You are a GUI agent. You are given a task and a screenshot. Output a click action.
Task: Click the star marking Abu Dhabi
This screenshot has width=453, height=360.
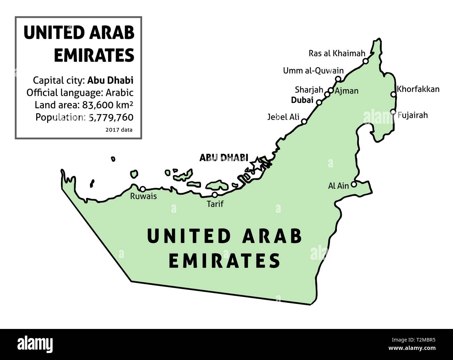click(257, 163)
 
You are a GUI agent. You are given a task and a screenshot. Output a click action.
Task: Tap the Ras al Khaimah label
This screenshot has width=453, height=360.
click(337, 53)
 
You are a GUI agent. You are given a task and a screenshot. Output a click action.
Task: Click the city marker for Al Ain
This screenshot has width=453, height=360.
click(354, 185)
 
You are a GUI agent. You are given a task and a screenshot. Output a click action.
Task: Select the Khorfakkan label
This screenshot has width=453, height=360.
click(418, 89)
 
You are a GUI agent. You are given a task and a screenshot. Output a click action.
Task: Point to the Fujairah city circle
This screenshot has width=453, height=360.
click(393, 112)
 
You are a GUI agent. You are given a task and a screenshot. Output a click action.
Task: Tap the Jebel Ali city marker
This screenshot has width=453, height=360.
click(304, 121)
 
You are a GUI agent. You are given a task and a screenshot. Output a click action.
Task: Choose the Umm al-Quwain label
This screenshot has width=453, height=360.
click(313, 71)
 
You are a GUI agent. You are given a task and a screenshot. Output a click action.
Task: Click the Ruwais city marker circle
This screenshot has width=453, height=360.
click(143, 189)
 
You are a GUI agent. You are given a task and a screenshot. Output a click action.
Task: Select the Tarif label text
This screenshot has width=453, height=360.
click(215, 204)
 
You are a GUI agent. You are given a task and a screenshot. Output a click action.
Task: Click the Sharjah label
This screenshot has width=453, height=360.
click(309, 90)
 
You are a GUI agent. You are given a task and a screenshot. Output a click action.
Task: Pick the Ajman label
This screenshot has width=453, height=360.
click(346, 91)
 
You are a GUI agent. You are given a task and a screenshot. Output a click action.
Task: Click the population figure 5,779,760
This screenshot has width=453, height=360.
click(111, 117)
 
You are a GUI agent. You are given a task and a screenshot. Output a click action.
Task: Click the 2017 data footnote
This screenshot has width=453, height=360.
click(118, 130)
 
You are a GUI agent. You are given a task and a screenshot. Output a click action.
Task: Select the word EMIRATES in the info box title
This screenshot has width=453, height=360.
click(94, 55)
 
